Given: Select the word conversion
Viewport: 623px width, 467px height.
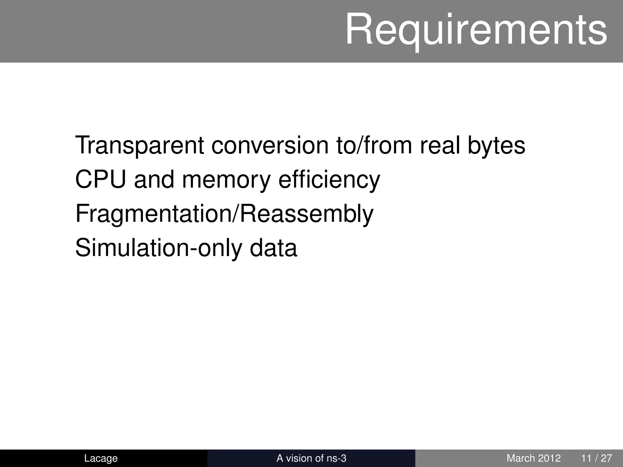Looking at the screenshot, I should pyautogui.click(x=270, y=145).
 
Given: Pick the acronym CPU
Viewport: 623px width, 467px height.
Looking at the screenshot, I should pyautogui.click(x=100, y=179).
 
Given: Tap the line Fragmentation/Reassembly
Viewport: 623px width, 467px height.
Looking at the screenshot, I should pyautogui.click(x=224, y=214).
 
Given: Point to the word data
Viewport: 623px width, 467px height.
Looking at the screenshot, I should pyautogui.click(x=273, y=248).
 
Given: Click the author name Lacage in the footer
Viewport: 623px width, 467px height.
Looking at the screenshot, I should pyautogui.click(x=101, y=458).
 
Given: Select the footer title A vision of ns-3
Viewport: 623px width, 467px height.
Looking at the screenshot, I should pyautogui.click(x=311, y=458).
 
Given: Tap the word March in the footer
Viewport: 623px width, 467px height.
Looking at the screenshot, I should pyautogui.click(x=521, y=458).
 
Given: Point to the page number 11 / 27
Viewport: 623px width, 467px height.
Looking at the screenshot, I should pyautogui.click(x=597, y=458).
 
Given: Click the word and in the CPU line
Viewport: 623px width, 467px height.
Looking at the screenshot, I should pyautogui.click(x=154, y=179).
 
